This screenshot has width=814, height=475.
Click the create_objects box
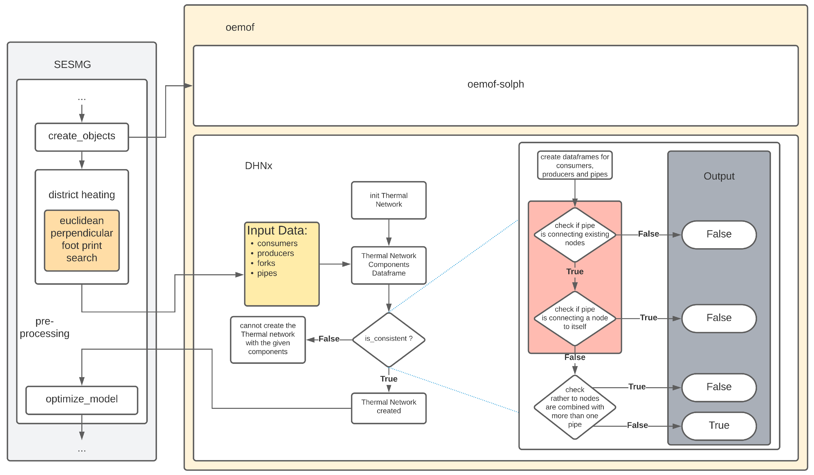pos(82,137)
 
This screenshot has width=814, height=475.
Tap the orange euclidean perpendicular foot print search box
pos(82,240)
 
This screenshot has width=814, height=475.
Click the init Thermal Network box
pos(389,200)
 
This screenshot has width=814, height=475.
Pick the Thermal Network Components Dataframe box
pos(389,265)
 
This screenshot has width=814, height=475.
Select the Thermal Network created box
pos(389,408)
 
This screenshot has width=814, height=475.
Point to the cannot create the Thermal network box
pos(268,339)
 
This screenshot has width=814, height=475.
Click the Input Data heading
pos(277,231)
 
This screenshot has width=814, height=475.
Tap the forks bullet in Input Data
pos(266,263)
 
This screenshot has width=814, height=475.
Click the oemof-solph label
pos(496,84)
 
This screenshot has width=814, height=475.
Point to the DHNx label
pos(258,166)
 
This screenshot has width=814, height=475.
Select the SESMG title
pos(72,65)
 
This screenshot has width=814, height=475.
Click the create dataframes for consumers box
pos(575,165)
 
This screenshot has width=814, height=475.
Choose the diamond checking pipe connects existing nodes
pos(575,235)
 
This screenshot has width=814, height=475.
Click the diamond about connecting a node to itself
pos(575,318)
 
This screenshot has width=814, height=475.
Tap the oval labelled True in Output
pos(719,426)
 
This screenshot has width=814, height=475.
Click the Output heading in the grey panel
pos(719,176)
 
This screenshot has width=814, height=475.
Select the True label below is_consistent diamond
pos(389,379)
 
